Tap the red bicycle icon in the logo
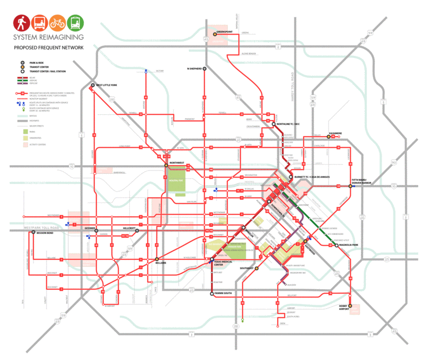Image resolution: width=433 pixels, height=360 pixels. tap(57, 23)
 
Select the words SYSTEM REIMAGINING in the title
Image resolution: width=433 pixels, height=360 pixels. tap(48, 38)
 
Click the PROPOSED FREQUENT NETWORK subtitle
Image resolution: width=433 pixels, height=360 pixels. tap(49, 48)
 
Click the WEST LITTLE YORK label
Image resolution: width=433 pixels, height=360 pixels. tap(109, 85)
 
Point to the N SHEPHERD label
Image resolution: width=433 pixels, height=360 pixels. tap(194, 69)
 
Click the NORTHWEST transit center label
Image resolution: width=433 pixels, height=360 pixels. tap(178, 162)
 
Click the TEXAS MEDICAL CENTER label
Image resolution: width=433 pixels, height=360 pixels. tap(223, 263)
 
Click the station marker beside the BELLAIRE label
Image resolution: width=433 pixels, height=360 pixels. tap(157, 259)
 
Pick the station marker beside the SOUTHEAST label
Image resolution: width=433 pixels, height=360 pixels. tap(257, 268)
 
